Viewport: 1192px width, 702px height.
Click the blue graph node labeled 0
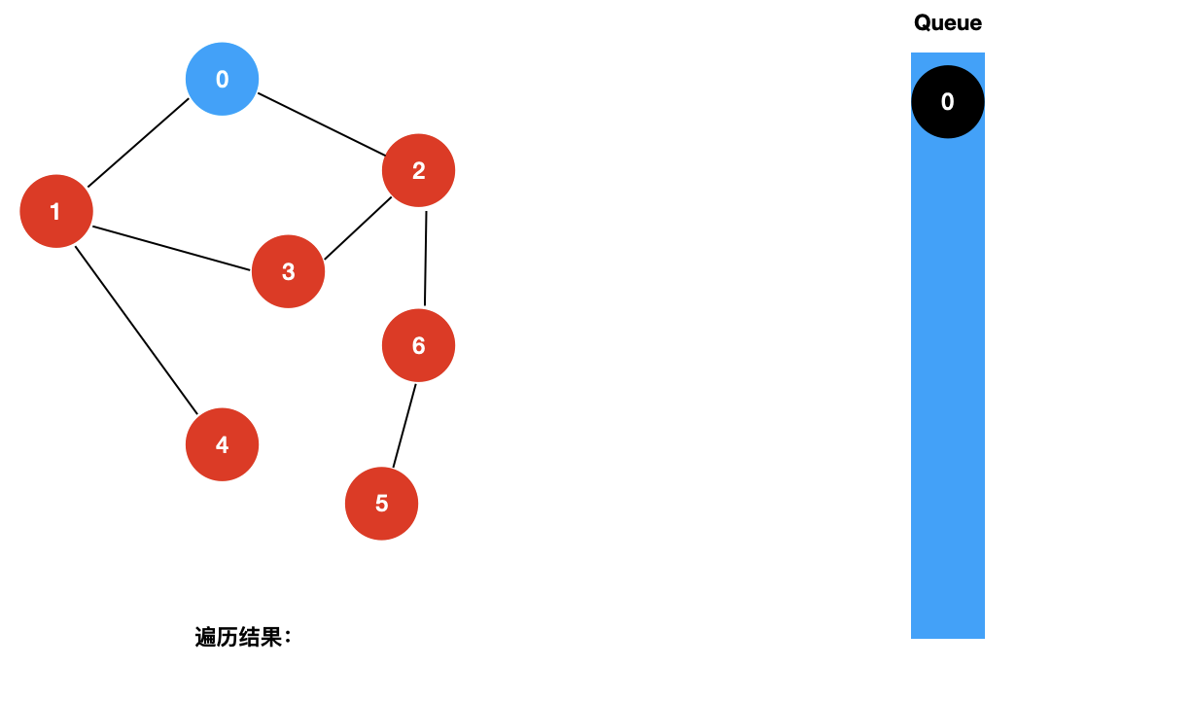pyautogui.click(x=223, y=79)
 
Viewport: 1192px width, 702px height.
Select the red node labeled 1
pyautogui.click(x=56, y=211)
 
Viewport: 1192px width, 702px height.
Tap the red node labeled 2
pyautogui.click(x=419, y=170)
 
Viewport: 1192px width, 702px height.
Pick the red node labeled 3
pyautogui.click(x=289, y=271)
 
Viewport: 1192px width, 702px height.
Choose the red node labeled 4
pyautogui.click(x=223, y=444)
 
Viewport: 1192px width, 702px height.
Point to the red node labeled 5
pyautogui.click(x=382, y=504)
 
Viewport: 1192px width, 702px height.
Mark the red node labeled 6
pyautogui.click(x=419, y=345)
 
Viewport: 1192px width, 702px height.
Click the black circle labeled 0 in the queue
pyautogui.click(x=948, y=102)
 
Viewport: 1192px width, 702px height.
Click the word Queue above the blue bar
pyautogui.click(x=948, y=23)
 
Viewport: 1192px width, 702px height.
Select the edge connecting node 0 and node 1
pyautogui.click(x=138, y=143)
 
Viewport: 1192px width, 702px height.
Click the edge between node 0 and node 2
pyautogui.click(x=322, y=124)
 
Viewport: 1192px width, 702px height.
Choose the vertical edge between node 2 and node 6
pyautogui.click(x=425, y=258)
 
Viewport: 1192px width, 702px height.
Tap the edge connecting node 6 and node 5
pyautogui.click(x=404, y=426)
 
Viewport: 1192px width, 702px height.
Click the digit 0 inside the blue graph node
pyautogui.click(x=223, y=79)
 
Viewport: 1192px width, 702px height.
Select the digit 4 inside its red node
pyautogui.click(x=223, y=444)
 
